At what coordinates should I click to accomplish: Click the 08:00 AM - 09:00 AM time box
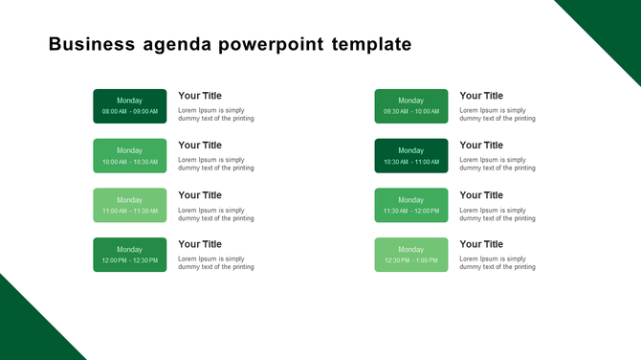coord(130,106)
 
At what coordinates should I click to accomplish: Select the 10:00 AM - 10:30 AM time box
coord(130,156)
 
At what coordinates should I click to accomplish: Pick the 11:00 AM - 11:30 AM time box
coord(130,205)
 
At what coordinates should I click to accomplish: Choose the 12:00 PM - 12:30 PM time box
coord(130,255)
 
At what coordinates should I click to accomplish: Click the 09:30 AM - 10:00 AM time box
coord(411,106)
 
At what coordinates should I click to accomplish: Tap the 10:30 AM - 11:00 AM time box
coord(411,156)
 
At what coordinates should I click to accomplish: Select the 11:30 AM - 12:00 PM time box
coord(411,205)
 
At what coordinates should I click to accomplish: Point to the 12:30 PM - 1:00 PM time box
coord(411,255)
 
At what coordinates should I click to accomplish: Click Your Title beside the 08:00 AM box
coord(200,96)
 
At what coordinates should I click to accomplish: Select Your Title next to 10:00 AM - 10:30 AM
coord(200,146)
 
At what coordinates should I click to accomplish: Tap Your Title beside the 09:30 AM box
coord(481,96)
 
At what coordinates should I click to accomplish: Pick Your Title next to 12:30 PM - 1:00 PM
coord(481,244)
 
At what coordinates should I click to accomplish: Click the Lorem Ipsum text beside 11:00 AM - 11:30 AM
coord(216,214)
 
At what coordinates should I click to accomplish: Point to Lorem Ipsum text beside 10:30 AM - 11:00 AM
coord(497,164)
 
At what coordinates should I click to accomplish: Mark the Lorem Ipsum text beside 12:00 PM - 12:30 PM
coord(216,262)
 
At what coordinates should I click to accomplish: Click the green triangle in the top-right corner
coord(612,24)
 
